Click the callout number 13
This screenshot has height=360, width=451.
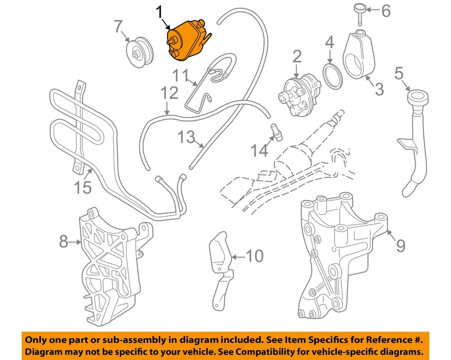tap(187, 138)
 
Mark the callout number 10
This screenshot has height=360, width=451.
tap(254, 256)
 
